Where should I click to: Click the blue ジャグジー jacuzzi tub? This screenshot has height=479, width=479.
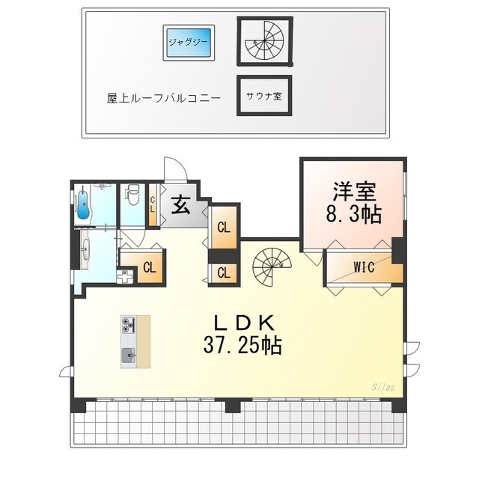click(189, 42)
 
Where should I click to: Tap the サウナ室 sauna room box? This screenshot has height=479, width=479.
click(263, 96)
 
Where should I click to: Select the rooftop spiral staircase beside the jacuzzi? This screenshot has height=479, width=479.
click(263, 42)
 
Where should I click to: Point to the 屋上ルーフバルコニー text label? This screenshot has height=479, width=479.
click(164, 98)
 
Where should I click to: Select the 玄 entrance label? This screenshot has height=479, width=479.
click(180, 204)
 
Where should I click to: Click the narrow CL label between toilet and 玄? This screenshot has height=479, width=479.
click(152, 203)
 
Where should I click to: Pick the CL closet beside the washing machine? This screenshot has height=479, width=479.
click(149, 266)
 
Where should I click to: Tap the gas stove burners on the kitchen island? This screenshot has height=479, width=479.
click(127, 326)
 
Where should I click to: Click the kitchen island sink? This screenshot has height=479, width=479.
click(128, 354)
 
